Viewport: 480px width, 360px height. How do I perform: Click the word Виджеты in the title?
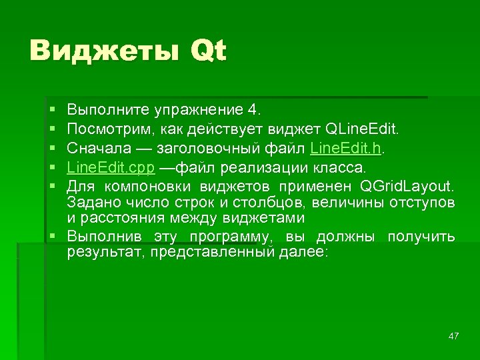tap(104, 51)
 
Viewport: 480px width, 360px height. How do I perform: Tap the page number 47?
tap(454, 336)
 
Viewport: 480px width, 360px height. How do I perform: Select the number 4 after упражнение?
tap(256, 109)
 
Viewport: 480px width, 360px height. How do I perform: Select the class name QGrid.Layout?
tap(407, 183)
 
